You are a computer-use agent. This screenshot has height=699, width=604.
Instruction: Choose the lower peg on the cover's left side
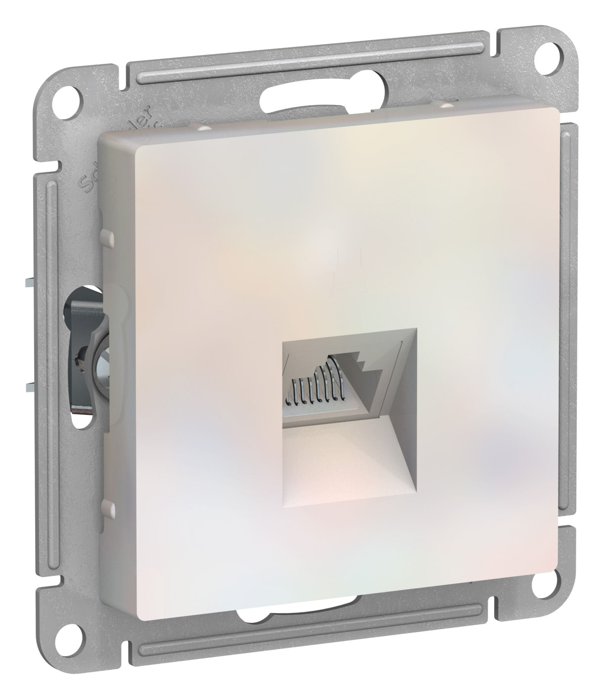pos(106,507)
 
